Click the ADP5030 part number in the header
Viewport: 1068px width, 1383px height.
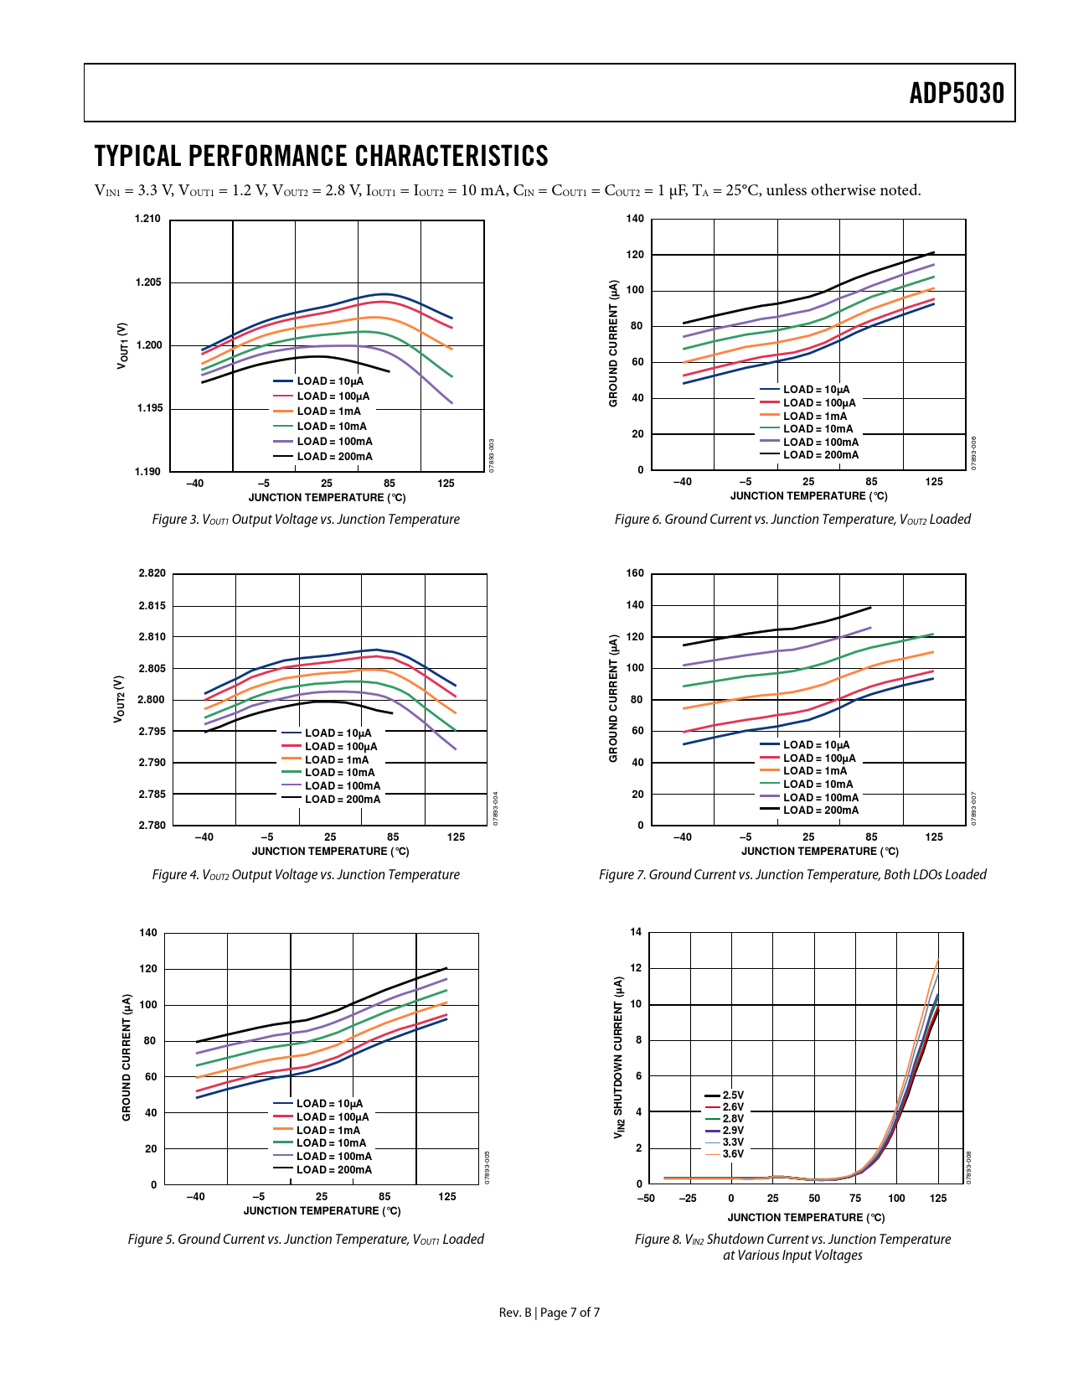click(x=957, y=93)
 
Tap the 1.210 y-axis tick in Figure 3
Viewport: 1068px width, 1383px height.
click(x=147, y=220)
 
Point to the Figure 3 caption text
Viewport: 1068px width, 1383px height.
click(x=306, y=520)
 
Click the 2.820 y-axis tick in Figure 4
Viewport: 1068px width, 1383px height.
click(x=152, y=574)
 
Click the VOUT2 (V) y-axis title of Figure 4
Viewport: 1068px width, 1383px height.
click(x=120, y=699)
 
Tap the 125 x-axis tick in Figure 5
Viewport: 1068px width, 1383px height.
click(x=447, y=1197)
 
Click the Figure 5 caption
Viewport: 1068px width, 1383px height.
click(x=306, y=1240)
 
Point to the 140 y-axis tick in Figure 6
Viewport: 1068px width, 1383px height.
click(x=635, y=220)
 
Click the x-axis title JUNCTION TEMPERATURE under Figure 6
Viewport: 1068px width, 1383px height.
click(x=808, y=496)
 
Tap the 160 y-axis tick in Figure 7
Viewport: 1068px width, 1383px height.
click(x=635, y=574)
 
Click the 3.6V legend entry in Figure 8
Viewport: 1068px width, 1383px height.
click(x=733, y=1154)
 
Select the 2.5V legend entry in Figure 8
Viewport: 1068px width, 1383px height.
click(x=733, y=1096)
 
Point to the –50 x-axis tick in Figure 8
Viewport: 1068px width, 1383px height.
click(x=646, y=1199)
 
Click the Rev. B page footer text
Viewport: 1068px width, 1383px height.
click(x=549, y=1313)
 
